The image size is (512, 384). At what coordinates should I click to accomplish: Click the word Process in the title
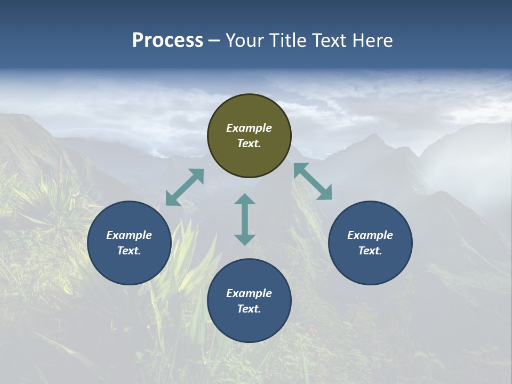pyautogui.click(x=167, y=41)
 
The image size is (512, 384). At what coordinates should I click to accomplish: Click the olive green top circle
pyautogui.click(x=249, y=136)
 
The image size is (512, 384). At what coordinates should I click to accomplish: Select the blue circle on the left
pyautogui.click(x=129, y=243)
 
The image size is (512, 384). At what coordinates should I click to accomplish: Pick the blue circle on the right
pyautogui.click(x=370, y=243)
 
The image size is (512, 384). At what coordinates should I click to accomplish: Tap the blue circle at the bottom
pyautogui.click(x=249, y=301)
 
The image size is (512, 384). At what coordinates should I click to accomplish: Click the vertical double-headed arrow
pyautogui.click(x=245, y=219)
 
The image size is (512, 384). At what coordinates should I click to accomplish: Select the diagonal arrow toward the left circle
pyautogui.click(x=185, y=187)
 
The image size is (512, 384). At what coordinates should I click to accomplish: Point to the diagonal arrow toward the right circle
pyautogui.click(x=313, y=181)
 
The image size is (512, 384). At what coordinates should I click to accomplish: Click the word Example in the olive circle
pyautogui.click(x=249, y=128)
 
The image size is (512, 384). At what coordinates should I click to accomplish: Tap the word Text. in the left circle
pyautogui.click(x=129, y=251)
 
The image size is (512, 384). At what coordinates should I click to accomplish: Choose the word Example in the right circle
pyautogui.click(x=370, y=235)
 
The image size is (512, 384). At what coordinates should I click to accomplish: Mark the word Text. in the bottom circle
pyautogui.click(x=249, y=309)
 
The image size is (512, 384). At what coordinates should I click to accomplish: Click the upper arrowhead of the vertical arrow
pyautogui.click(x=245, y=199)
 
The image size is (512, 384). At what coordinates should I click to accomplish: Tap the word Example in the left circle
pyautogui.click(x=129, y=235)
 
